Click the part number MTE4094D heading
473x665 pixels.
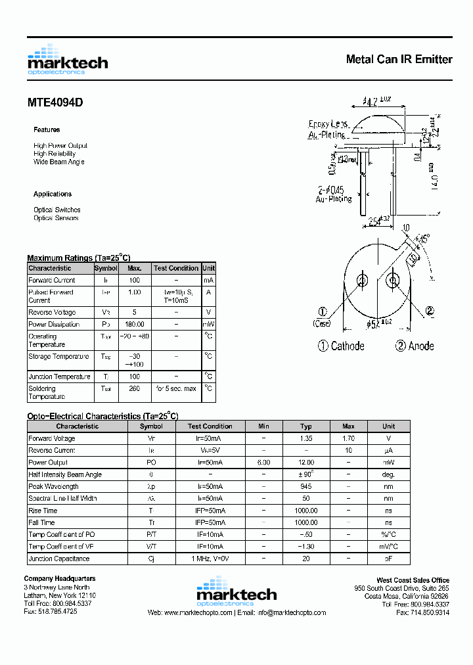click(55, 103)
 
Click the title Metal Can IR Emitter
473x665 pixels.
click(399, 59)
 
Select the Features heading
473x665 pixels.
click(47, 129)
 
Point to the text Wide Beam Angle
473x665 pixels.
click(58, 162)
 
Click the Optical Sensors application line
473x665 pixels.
click(56, 218)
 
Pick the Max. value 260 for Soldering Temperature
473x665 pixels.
click(135, 388)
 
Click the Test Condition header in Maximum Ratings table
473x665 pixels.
click(176, 268)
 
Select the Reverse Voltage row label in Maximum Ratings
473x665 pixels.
click(52, 312)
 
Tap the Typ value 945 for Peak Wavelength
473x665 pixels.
click(306, 486)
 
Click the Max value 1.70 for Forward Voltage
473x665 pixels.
click(348, 438)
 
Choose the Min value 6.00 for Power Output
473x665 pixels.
click(263, 463)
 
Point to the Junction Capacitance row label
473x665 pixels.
click(58, 559)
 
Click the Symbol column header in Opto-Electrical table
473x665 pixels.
click(151, 426)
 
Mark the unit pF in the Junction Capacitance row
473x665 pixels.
click(389, 559)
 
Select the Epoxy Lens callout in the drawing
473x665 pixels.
click(328, 124)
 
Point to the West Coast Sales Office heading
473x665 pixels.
click(413, 580)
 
